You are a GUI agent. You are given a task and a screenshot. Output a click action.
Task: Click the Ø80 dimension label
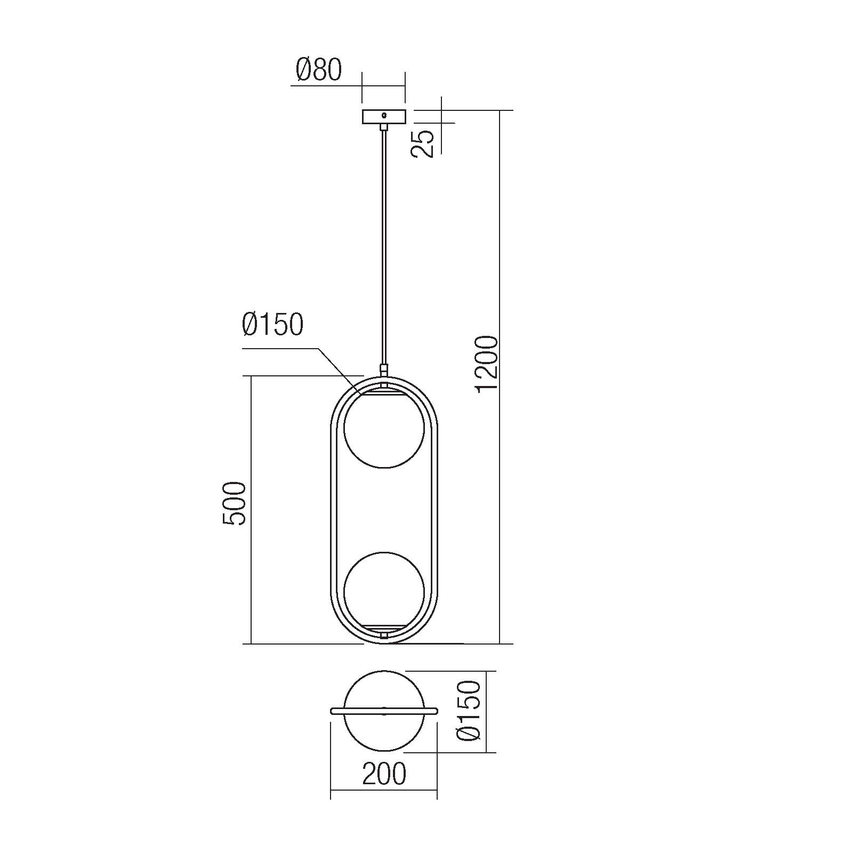tap(318, 70)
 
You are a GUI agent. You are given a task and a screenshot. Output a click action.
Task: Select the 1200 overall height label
tap(487, 365)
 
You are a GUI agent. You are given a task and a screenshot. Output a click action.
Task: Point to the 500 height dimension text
tap(234, 503)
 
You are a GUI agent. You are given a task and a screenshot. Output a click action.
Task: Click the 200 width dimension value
tap(384, 774)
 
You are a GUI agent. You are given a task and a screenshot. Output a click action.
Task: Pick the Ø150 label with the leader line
tap(272, 324)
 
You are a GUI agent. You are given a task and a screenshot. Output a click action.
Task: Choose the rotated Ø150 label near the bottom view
tap(469, 711)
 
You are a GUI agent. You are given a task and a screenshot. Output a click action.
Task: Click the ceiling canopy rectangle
tap(384, 117)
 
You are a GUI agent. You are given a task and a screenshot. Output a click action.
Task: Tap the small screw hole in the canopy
tap(384, 115)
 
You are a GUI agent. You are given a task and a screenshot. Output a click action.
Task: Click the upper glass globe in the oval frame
tap(384, 429)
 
